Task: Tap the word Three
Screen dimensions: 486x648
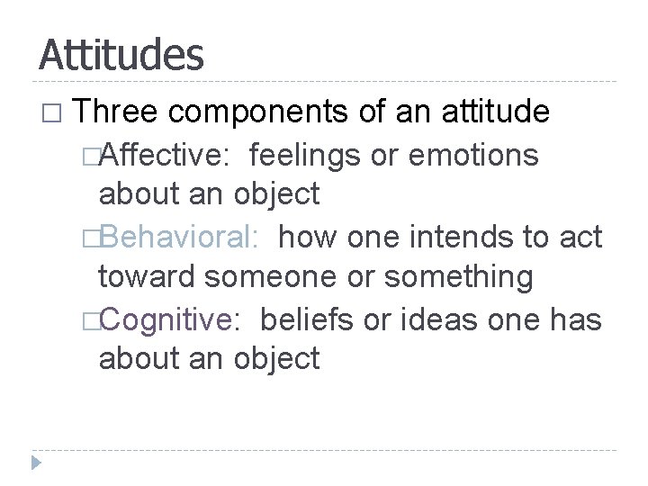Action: (x=117, y=113)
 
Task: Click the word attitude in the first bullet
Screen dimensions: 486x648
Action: (x=496, y=113)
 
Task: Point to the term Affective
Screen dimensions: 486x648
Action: (x=168, y=155)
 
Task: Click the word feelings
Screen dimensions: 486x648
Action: (x=307, y=155)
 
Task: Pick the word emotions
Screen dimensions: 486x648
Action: (x=474, y=155)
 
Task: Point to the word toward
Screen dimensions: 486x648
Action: (x=148, y=278)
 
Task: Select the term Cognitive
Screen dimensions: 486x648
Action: (x=173, y=319)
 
